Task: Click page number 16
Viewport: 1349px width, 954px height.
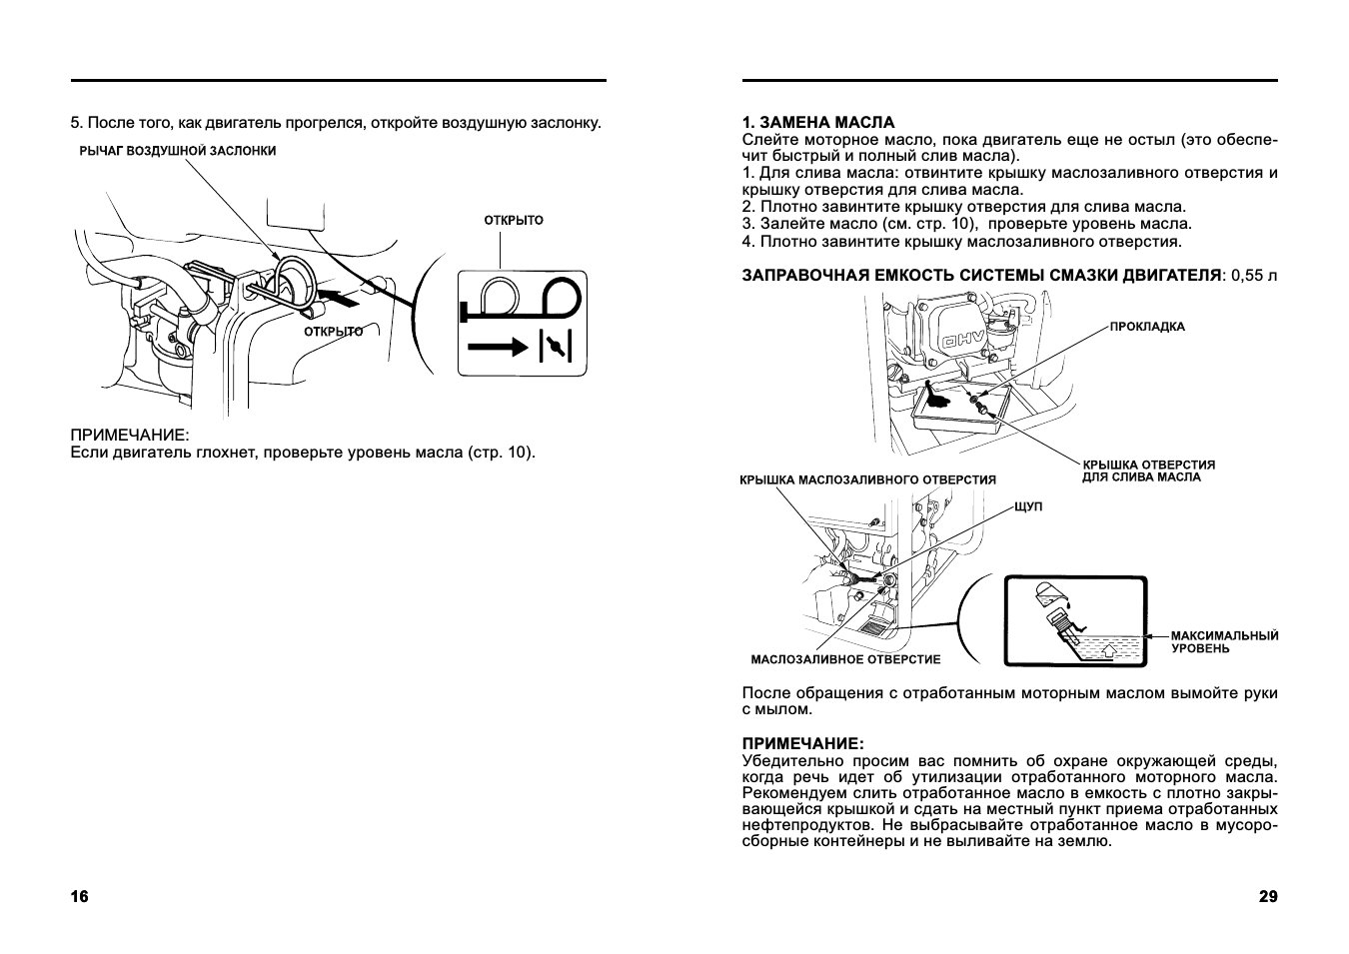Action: click(79, 896)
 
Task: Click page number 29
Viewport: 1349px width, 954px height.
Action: click(1268, 896)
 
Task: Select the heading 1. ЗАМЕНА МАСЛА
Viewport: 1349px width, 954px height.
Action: click(818, 123)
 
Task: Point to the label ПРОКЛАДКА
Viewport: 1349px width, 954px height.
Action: click(1147, 327)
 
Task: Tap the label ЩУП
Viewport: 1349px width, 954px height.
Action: click(1027, 507)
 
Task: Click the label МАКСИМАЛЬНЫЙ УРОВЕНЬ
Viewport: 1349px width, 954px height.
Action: click(1224, 642)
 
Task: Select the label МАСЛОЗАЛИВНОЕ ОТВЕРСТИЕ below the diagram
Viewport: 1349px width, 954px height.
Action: click(845, 660)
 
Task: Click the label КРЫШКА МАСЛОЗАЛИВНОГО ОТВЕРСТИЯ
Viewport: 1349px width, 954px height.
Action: click(867, 480)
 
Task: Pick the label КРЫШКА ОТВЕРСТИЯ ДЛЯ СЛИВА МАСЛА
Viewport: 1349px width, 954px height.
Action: click(1148, 472)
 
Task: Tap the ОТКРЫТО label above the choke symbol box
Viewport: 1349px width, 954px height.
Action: click(514, 220)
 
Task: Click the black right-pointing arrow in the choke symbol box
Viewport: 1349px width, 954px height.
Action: click(496, 347)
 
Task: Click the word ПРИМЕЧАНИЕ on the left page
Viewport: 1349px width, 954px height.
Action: click(129, 437)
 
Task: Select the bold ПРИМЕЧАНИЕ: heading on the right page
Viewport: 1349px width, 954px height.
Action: click(802, 744)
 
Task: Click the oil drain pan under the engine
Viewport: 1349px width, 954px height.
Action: click(959, 411)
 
